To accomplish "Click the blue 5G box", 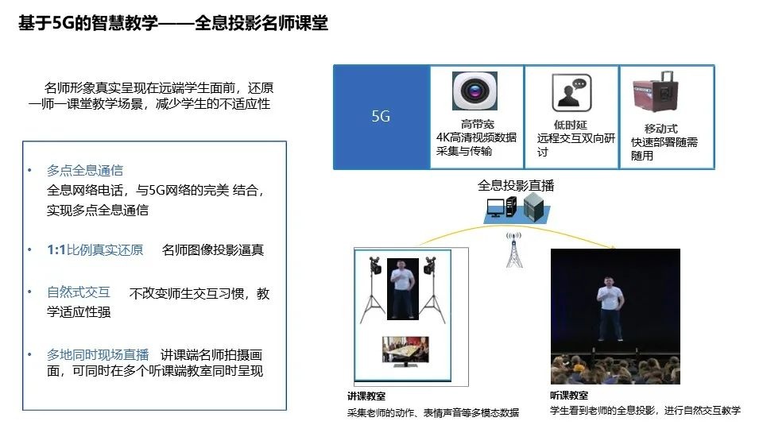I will coord(381,117).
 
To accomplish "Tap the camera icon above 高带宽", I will coord(474,91).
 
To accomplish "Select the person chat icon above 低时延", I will coord(571,93).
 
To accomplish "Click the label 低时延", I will coord(571,125).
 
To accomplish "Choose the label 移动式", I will coord(660,129).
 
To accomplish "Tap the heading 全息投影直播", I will coord(516,185).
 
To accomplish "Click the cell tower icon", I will coord(513,249).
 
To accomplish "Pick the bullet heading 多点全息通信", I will coord(85,170).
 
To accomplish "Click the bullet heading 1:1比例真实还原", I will coord(95,249).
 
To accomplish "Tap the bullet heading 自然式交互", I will coord(79,292).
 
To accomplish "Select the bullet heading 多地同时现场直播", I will coord(98,354).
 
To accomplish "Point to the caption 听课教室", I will coord(569,395).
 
